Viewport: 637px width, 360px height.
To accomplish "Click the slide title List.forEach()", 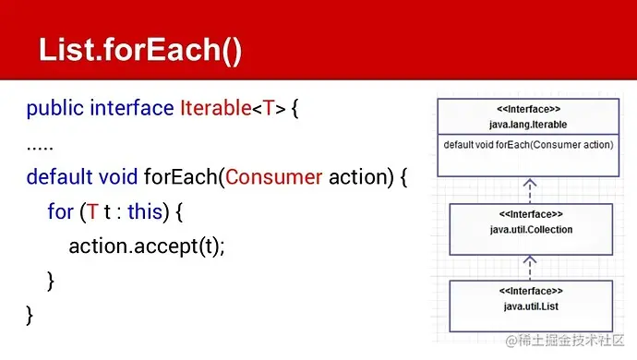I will (x=140, y=50).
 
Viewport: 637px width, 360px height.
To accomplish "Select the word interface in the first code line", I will (x=130, y=109).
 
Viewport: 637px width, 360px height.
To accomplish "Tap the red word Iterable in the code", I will (x=215, y=109).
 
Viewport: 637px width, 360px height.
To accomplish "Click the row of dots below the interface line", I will (x=40, y=143).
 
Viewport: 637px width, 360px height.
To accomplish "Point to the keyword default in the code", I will (x=57, y=176).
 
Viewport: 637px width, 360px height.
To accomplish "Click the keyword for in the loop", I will (x=59, y=211).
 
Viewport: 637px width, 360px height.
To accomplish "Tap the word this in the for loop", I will (x=145, y=211).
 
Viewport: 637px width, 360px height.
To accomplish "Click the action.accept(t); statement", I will (x=147, y=246).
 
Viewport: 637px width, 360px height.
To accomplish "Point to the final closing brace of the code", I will (x=30, y=315).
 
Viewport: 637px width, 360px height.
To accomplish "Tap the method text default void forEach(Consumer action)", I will (x=528, y=145).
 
